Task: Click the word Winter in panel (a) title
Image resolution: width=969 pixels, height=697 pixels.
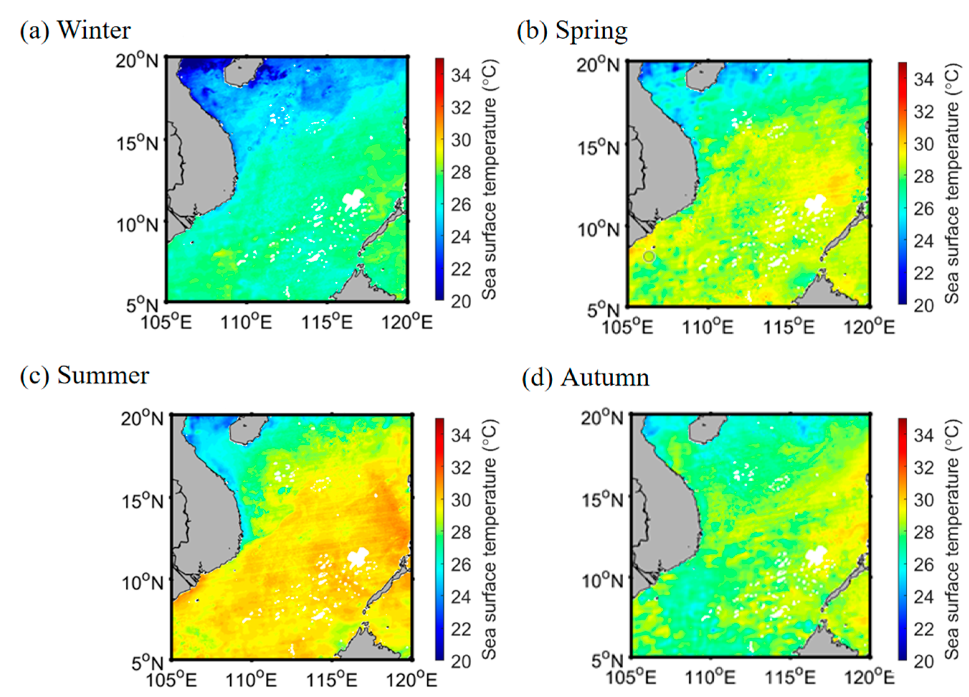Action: (x=94, y=31)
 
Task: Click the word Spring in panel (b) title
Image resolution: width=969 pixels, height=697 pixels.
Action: (x=591, y=31)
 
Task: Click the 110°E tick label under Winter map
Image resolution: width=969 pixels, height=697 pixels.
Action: (x=246, y=322)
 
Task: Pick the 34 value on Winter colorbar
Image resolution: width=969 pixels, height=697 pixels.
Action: (x=461, y=76)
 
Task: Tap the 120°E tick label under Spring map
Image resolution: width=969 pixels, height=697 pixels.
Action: (x=869, y=328)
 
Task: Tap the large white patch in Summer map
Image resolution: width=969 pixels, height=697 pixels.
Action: (x=358, y=556)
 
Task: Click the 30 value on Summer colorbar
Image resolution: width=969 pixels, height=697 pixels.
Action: (x=461, y=500)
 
